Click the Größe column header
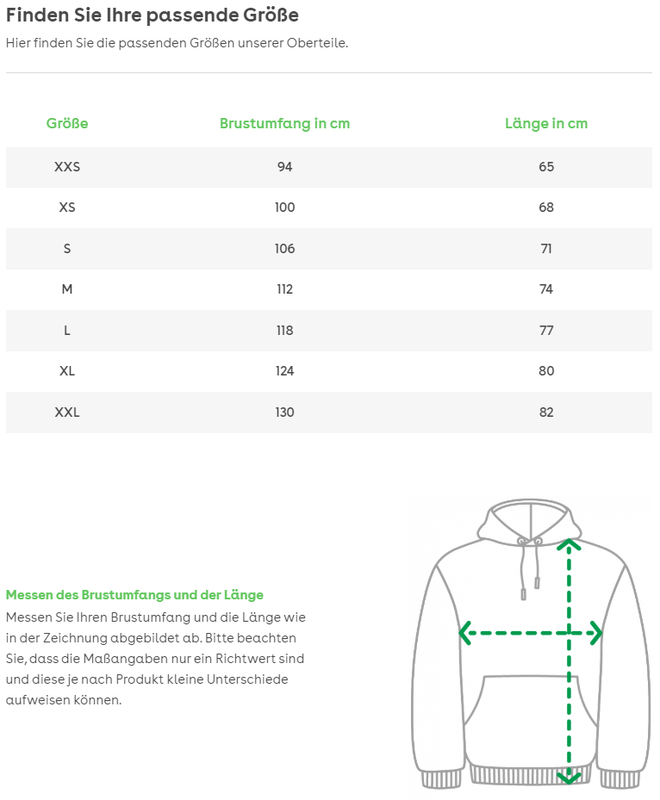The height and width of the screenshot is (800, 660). click(67, 123)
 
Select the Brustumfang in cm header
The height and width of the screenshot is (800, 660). click(284, 123)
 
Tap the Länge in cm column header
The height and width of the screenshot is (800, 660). click(546, 123)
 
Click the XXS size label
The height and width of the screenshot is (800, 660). click(67, 166)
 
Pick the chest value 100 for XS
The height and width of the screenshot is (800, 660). click(284, 208)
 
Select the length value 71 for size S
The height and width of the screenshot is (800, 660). click(546, 249)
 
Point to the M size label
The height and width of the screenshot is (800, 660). click(67, 289)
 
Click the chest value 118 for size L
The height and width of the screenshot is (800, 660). click(284, 331)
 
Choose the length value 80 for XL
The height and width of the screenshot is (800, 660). click(546, 371)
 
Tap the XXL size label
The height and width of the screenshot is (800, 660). click(67, 412)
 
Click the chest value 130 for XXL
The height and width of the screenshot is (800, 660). click(284, 412)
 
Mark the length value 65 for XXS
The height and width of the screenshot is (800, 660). click(546, 166)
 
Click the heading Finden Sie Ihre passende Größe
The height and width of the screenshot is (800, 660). click(153, 16)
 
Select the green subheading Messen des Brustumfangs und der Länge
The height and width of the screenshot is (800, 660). click(134, 595)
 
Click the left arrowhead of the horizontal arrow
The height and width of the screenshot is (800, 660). click(465, 634)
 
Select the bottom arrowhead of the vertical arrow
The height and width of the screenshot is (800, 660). click(568, 777)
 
